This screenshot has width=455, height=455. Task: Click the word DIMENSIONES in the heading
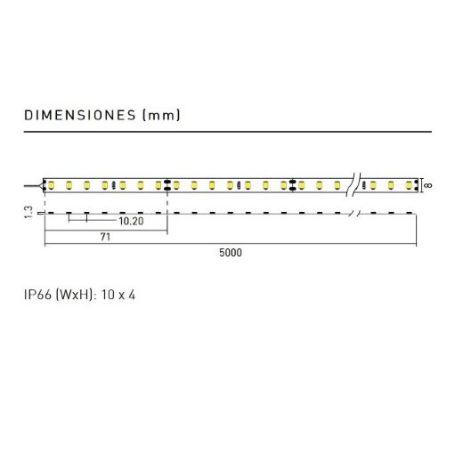pos(80,115)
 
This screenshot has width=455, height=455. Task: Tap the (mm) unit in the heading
pos(161,115)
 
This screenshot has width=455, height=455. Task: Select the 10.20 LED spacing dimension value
pos(131,221)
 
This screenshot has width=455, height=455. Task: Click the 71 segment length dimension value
pos(105,237)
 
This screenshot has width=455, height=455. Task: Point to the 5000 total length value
pos(231,253)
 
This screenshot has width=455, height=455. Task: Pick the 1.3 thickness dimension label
pos(28,213)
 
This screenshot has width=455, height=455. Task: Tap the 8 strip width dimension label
pos(427,185)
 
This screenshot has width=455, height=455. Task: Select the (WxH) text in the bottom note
pos(74,295)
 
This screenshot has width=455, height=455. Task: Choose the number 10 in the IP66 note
pos(107,295)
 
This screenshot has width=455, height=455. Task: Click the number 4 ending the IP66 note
pos(132,295)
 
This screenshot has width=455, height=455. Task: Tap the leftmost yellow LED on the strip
pos(51,185)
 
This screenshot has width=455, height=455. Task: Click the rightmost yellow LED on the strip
pos(409,185)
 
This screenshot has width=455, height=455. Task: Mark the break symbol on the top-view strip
pos(353,184)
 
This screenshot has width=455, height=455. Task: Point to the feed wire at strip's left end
pos(33,186)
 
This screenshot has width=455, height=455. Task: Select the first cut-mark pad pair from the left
pos(167,184)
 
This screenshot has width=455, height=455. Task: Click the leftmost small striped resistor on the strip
pos(113,185)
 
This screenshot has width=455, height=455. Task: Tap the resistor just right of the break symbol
pos(364,185)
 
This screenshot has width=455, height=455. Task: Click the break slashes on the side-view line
pos(353,213)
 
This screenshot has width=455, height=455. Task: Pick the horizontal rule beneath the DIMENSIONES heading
pos(228,132)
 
